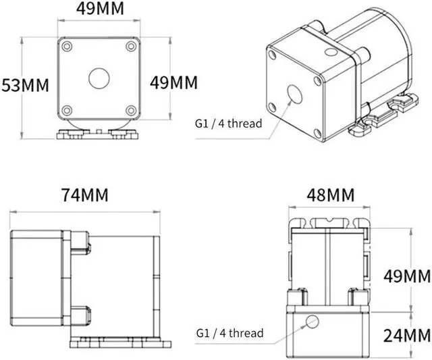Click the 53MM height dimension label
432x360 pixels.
tap(26, 86)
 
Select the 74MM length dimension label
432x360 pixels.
tap(84, 195)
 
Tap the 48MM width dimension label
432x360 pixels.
tap(330, 195)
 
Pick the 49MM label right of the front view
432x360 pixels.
tap(173, 82)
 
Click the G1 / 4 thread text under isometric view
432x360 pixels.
tap(228, 124)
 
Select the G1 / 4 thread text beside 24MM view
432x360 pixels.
tap(230, 333)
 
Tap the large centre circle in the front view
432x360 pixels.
tap(99, 78)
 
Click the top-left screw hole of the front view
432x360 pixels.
tap(67, 47)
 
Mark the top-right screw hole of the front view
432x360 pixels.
tap(130, 47)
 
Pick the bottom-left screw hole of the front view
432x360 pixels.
tap(67, 109)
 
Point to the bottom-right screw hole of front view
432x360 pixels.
tap(130, 109)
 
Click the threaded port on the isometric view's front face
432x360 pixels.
tap(295, 93)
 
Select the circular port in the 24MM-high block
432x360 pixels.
tap(311, 322)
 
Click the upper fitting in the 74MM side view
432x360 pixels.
tap(79, 240)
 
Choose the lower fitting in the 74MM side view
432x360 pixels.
tap(79, 315)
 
